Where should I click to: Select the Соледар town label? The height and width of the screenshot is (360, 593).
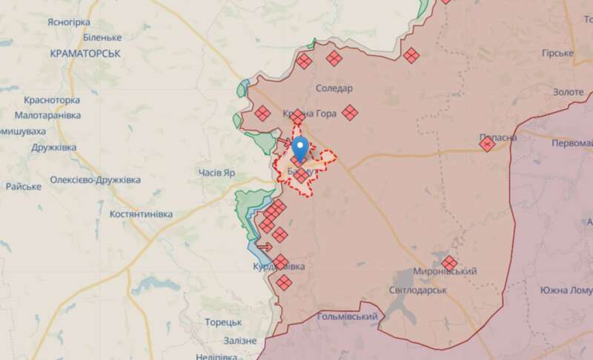(334, 88)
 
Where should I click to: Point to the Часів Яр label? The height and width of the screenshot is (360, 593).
(217, 173)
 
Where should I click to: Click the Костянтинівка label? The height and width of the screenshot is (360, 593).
(141, 214)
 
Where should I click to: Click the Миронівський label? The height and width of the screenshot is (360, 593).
(445, 272)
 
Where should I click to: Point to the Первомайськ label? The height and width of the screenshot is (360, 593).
(573, 140)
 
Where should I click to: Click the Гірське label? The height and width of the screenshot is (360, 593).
(558, 53)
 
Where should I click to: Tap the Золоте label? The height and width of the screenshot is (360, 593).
(569, 92)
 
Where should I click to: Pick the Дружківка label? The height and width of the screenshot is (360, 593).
(54, 147)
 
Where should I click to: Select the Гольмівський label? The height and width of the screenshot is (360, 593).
(347, 317)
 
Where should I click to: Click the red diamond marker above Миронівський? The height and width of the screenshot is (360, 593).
(449, 262)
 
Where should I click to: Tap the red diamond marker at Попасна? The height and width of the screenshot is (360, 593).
(487, 144)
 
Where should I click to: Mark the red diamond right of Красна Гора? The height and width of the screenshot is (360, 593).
(350, 113)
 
